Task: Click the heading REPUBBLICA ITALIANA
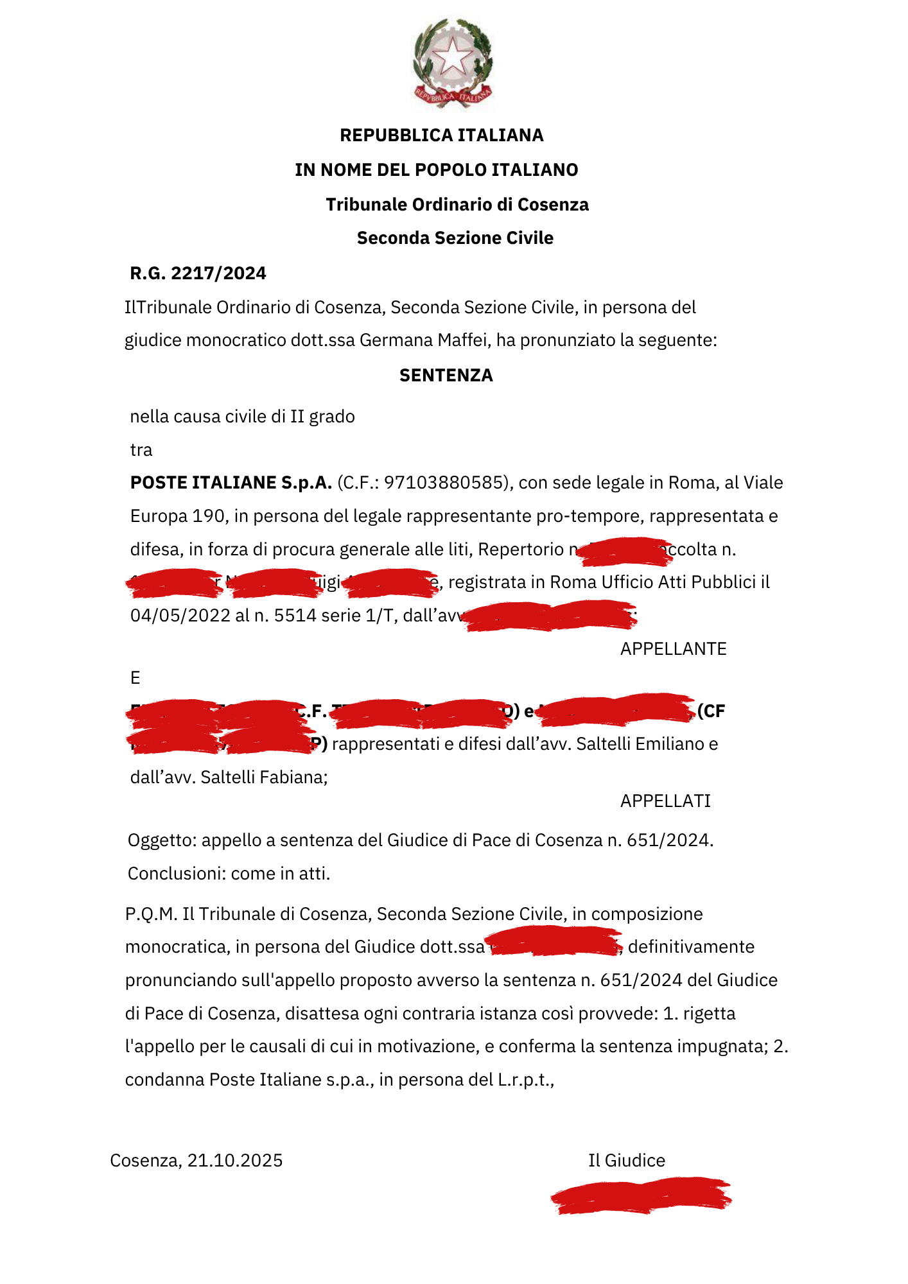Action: coord(441,135)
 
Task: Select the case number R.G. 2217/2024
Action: coord(198,273)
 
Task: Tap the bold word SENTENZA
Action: coord(446,376)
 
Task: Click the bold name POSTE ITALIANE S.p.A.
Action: coord(231,483)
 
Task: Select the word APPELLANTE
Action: coord(673,649)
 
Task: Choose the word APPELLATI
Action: coord(665,801)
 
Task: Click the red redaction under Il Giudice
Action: coord(641,1195)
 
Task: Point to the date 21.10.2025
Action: coord(234,1161)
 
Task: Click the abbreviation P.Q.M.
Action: coord(151,914)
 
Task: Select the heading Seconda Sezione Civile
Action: coord(455,238)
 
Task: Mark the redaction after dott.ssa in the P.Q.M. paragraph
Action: coord(554,942)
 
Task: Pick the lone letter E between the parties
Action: coord(135,678)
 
